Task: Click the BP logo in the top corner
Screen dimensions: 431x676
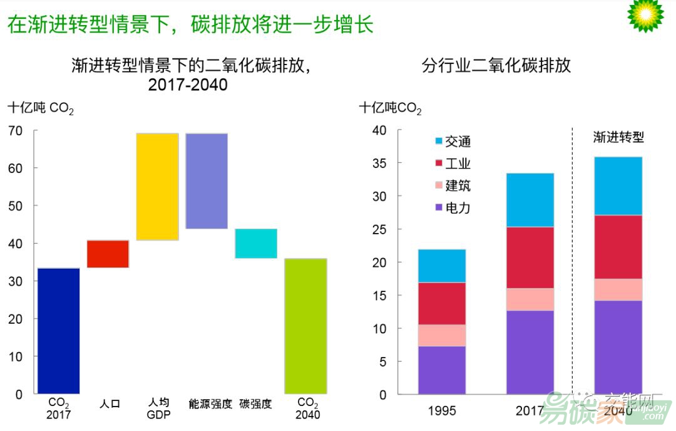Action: click(x=645, y=15)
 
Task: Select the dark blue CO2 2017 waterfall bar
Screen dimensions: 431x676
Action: click(x=59, y=331)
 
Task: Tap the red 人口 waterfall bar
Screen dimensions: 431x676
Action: click(x=108, y=254)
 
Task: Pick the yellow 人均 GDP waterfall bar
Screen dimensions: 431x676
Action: click(x=157, y=187)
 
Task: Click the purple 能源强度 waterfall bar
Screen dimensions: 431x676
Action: click(x=207, y=181)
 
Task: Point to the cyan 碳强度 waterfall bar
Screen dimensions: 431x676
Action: click(x=256, y=243)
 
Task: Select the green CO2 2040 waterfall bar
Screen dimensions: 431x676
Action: click(x=305, y=326)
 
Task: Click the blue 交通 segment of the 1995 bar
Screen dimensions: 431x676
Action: click(x=442, y=266)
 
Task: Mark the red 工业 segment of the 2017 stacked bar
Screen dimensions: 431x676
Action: click(x=530, y=257)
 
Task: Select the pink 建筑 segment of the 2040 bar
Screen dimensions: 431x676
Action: click(x=618, y=289)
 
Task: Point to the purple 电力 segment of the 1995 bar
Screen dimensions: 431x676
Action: click(x=442, y=370)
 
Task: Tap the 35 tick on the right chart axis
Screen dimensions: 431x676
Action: click(x=379, y=164)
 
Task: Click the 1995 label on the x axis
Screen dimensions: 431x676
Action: click(x=442, y=412)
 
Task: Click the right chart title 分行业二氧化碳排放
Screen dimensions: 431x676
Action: click(x=496, y=65)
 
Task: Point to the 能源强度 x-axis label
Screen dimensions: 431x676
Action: click(x=210, y=404)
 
